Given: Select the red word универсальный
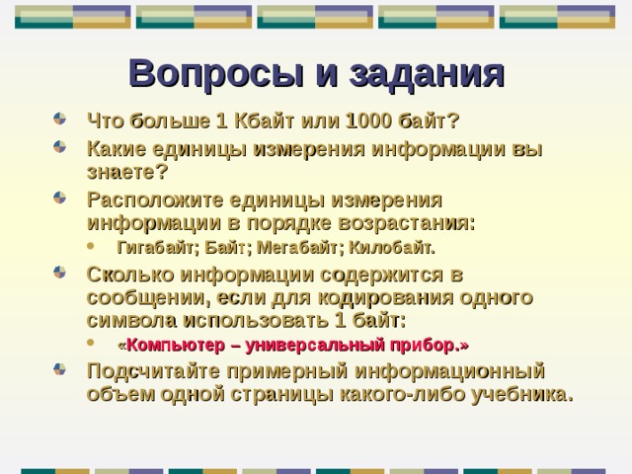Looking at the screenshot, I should click(316, 346).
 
